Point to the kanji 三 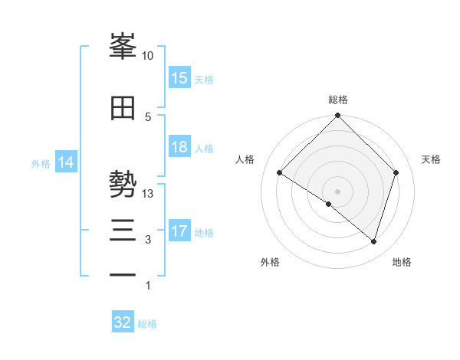123,231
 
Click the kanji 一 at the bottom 123,275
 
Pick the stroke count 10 148,56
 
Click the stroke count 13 148,194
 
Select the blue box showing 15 179,78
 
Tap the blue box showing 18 179,147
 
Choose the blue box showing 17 179,231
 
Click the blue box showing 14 66,162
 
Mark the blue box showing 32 123,322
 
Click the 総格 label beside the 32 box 147,324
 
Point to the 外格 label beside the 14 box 41,164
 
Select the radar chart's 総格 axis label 338,100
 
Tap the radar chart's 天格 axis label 432,159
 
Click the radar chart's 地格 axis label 402,262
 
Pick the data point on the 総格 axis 337,116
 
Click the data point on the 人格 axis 280,173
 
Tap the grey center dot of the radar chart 337,191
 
